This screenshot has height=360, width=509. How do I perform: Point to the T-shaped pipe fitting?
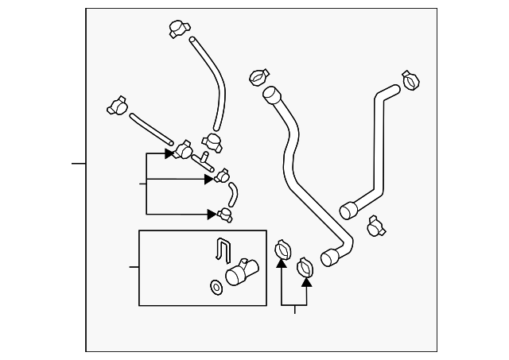(x=203, y=160)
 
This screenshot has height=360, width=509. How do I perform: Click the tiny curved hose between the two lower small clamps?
(x=231, y=194)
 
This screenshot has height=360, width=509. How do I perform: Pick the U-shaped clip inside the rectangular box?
(x=223, y=250)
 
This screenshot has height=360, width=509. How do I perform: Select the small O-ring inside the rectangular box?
(x=215, y=286)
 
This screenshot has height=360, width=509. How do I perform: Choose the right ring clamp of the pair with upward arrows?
(x=305, y=268)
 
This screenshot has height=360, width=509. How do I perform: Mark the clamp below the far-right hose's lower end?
(x=376, y=228)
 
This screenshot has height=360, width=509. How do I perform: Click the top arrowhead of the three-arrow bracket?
(x=169, y=153)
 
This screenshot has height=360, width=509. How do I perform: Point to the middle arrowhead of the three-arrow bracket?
(x=209, y=180)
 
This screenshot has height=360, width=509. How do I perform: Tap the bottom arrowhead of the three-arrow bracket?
(x=212, y=213)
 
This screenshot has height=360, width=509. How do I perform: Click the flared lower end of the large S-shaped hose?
(x=330, y=257)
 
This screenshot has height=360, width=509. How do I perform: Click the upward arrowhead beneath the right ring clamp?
(x=306, y=281)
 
